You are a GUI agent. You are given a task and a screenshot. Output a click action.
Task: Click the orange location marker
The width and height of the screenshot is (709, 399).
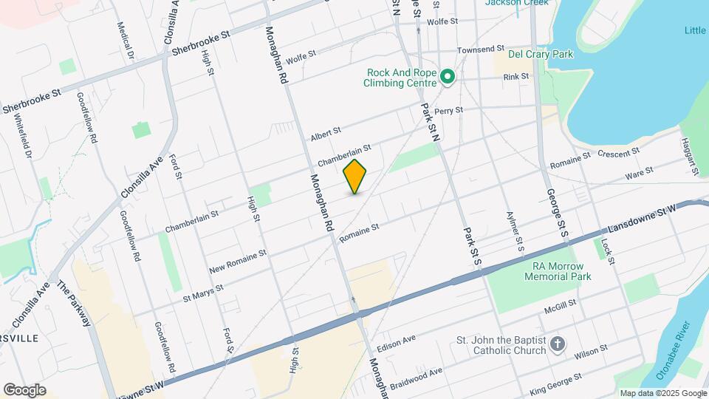click(355, 177)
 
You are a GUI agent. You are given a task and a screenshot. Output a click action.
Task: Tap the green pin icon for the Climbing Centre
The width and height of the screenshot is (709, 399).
click(447, 76)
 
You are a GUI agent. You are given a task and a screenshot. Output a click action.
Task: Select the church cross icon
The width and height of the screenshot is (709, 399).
click(558, 344)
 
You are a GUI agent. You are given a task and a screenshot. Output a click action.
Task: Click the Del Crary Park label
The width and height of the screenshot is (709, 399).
click(543, 54)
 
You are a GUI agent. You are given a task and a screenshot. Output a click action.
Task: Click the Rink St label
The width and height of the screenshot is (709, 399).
click(516, 77)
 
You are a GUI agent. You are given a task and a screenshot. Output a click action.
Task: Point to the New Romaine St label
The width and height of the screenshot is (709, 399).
click(237, 259)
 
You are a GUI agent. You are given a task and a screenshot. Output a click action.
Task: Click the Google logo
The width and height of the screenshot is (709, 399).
click(24, 389)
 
